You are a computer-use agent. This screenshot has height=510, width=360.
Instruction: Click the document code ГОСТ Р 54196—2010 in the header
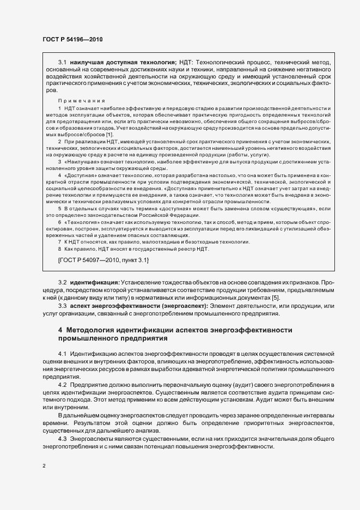(x=72, y=40)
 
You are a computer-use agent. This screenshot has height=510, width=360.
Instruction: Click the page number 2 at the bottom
(x=44, y=466)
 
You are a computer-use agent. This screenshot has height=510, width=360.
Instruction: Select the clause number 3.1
(x=62, y=63)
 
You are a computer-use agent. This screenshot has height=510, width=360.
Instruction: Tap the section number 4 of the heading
(x=60, y=330)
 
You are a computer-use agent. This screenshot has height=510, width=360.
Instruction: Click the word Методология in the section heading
(x=91, y=330)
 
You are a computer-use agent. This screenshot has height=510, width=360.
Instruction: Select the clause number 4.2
(x=62, y=386)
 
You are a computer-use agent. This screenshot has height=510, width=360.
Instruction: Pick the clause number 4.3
(x=62, y=439)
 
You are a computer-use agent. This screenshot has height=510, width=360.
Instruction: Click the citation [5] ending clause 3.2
(x=276, y=298)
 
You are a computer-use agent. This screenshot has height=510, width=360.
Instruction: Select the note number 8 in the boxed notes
(x=60, y=249)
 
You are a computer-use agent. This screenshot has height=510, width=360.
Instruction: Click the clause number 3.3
(x=62, y=306)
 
